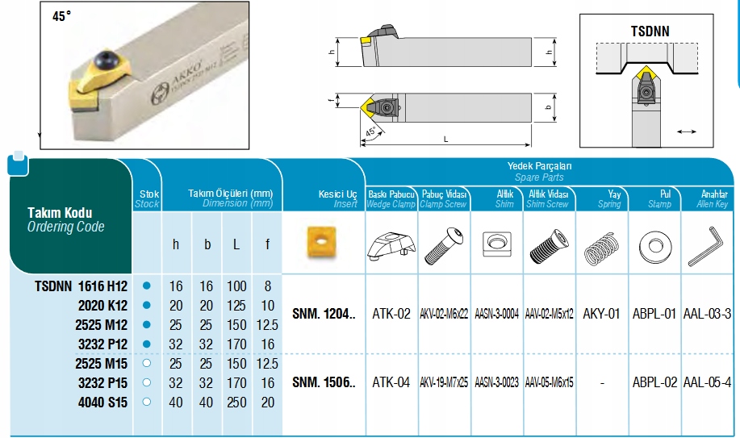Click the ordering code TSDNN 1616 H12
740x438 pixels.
(x=82, y=286)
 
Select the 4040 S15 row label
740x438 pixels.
(x=102, y=403)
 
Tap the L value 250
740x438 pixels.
(x=236, y=403)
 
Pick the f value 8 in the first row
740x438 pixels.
(x=268, y=286)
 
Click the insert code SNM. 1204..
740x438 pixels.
(x=324, y=314)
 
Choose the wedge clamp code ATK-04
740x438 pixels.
(x=391, y=382)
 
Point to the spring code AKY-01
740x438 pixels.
(x=601, y=314)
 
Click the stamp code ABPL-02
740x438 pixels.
(x=654, y=382)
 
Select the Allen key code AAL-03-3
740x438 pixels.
(x=707, y=314)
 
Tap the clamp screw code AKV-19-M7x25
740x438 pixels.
(x=444, y=382)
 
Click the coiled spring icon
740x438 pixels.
(x=602, y=248)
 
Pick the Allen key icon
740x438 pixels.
(x=706, y=246)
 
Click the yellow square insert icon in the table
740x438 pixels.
(x=321, y=242)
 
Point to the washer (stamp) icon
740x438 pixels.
(x=655, y=246)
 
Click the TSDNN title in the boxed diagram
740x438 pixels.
(x=650, y=31)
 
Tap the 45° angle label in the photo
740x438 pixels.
(x=62, y=16)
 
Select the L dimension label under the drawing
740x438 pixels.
(x=445, y=140)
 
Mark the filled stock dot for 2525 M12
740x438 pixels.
(x=146, y=325)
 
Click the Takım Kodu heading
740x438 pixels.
(x=60, y=212)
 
